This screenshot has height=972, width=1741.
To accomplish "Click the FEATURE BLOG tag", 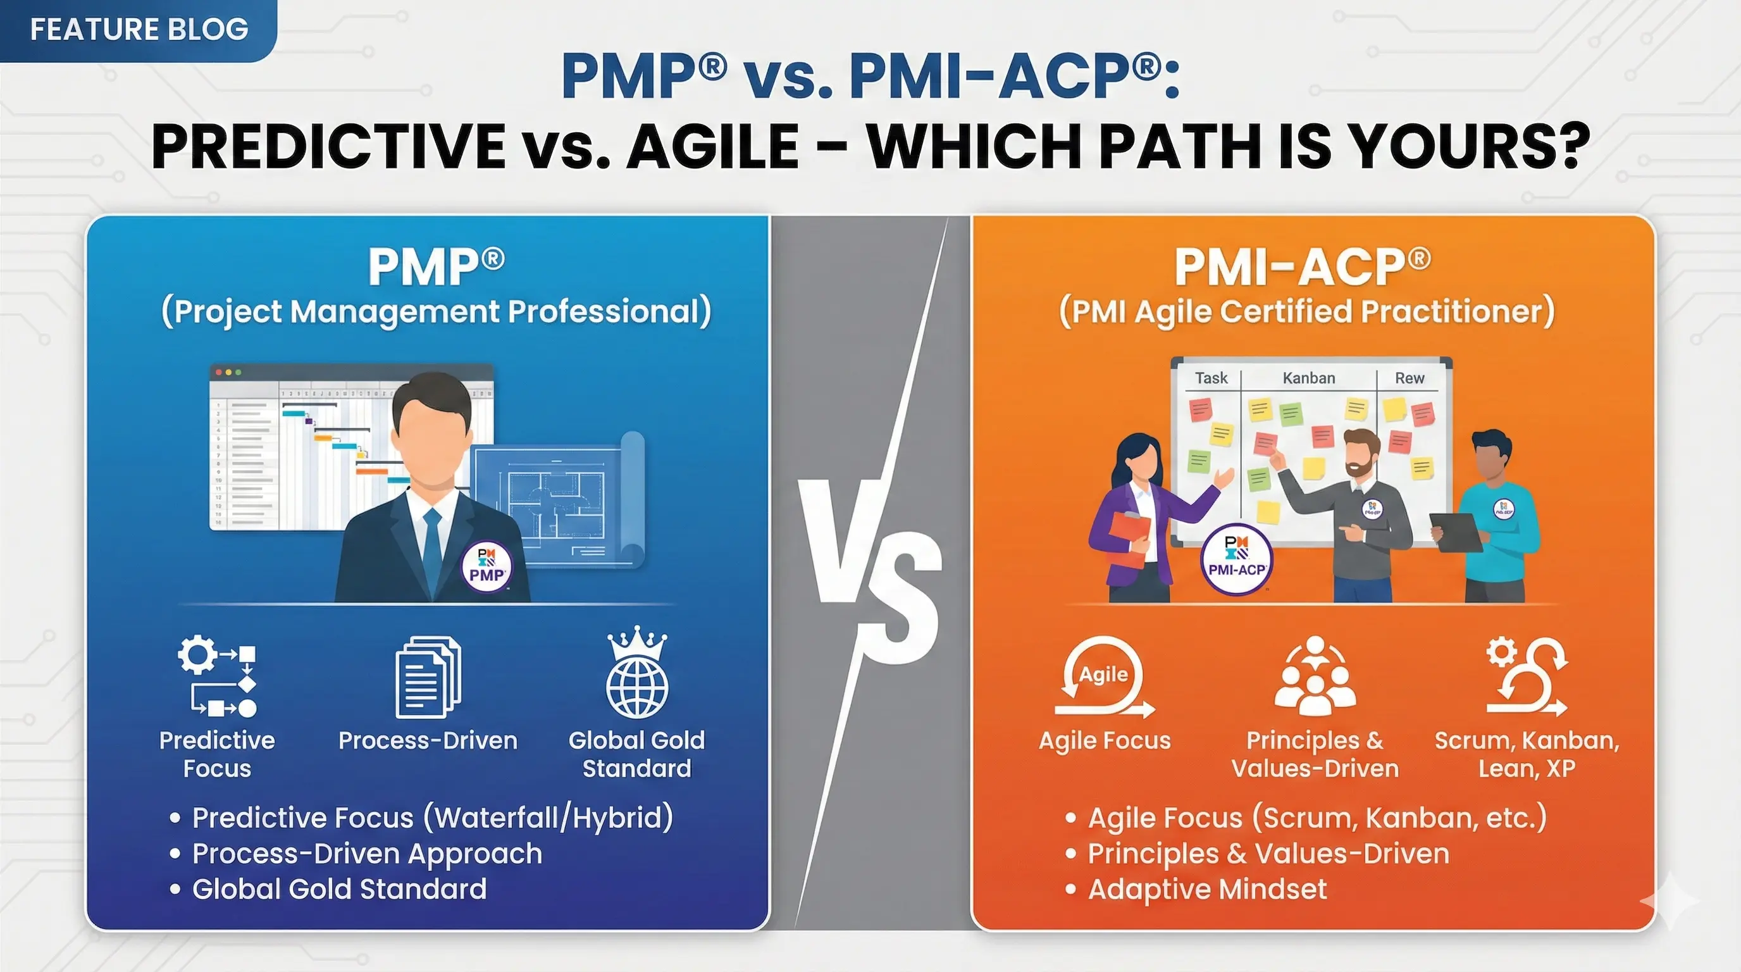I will pos(139,30).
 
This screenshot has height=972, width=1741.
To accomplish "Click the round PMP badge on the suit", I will pos(486,566).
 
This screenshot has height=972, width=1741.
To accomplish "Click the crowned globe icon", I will pos(636,673).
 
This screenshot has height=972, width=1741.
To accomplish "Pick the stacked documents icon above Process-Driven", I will pos(428,677).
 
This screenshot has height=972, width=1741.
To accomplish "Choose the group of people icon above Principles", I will pos(1315,676).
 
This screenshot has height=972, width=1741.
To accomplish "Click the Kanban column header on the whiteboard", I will pos(1308,378).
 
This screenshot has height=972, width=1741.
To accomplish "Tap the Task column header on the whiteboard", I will pos(1210,378).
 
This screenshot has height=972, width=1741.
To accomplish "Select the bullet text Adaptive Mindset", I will pos(1207,890).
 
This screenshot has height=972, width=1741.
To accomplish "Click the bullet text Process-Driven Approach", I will pos(367,854).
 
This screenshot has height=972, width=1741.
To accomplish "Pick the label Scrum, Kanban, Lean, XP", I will pos(1527,754).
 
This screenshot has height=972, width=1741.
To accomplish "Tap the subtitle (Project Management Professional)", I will pos(436,311).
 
